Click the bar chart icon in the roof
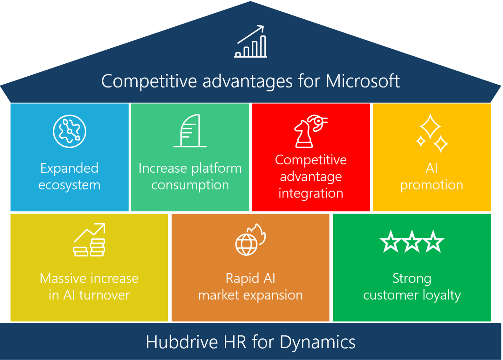pyautogui.click(x=251, y=41)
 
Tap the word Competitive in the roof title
pyautogui.click(x=149, y=82)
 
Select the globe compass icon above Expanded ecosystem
pyautogui.click(x=69, y=131)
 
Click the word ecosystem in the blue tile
pyautogui.click(x=69, y=185)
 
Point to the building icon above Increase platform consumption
pyautogui.click(x=190, y=131)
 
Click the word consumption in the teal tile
pyautogui.click(x=190, y=185)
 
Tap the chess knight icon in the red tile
pyautogui.click(x=311, y=131)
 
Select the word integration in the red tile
pyautogui.click(x=311, y=193)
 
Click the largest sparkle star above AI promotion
pyautogui.click(x=430, y=126)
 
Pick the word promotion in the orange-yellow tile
pyautogui.click(x=432, y=185)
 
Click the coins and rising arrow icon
pyautogui.click(x=89, y=239)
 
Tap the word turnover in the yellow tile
pyautogui.click(x=105, y=295)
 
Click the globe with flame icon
pyautogui.click(x=250, y=239)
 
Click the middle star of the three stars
pyautogui.click(x=412, y=242)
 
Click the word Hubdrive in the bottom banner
pyautogui.click(x=182, y=342)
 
